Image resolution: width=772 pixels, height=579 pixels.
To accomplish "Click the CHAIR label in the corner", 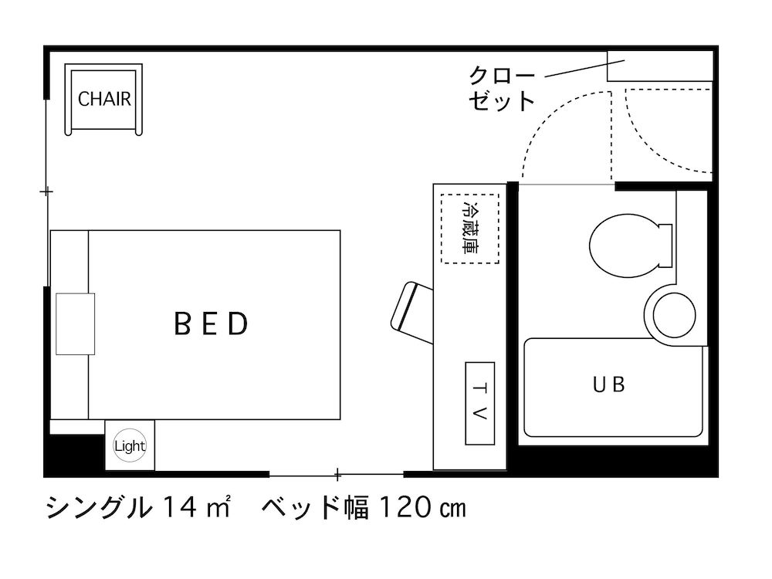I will (104, 100).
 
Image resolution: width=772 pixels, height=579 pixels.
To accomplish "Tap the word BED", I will (212, 324).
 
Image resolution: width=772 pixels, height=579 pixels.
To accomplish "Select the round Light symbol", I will (130, 445).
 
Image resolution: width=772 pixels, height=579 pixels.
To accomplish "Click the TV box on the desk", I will (479, 403).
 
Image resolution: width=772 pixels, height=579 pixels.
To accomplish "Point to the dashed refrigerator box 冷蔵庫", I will (469, 229).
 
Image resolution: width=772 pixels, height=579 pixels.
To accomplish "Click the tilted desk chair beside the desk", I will (412, 313).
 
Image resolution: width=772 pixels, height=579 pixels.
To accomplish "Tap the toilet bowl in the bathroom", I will (628, 245).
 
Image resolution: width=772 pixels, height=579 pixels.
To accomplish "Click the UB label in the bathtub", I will (608, 384).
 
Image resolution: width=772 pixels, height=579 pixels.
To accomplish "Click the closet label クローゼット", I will (502, 89).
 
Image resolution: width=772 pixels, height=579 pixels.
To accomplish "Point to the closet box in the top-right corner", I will (659, 66).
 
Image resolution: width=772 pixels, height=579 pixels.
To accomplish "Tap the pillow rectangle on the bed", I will (75, 323).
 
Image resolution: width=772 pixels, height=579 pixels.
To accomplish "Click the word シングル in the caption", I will (98, 508).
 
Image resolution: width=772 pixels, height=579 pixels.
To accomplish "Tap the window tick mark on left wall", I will (47, 191).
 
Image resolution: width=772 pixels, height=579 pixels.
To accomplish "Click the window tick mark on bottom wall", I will (337, 473).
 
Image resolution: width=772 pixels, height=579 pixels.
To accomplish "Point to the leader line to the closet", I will (576, 69).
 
